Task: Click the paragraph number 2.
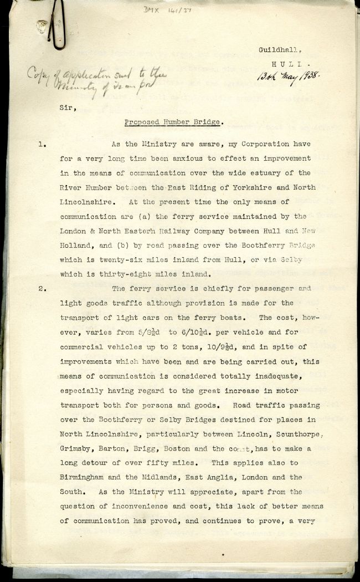(42, 289)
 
